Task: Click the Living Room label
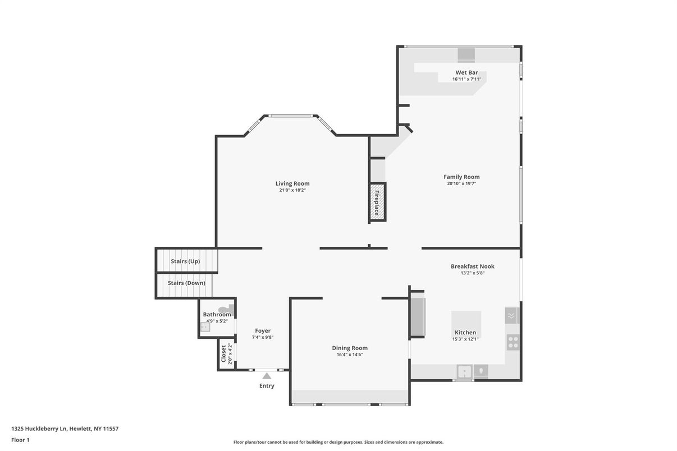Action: point(292,183)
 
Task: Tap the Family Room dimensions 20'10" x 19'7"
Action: point(461,183)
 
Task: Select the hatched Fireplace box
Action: point(377,202)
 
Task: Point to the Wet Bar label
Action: point(466,72)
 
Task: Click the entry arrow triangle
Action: point(267,376)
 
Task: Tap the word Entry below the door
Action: point(267,386)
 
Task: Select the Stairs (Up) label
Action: point(185,261)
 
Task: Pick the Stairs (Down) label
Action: point(186,283)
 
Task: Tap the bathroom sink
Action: point(205,327)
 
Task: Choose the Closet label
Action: point(223,354)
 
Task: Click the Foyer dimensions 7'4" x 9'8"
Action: point(263,338)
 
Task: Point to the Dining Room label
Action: point(350,348)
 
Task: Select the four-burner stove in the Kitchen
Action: point(513,343)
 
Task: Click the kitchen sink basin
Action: point(465,371)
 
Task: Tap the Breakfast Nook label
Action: point(473,266)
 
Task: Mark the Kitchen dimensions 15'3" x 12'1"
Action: point(465,339)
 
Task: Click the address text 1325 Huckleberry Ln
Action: point(39,429)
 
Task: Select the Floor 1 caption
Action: point(20,440)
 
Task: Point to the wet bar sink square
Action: point(466,55)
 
